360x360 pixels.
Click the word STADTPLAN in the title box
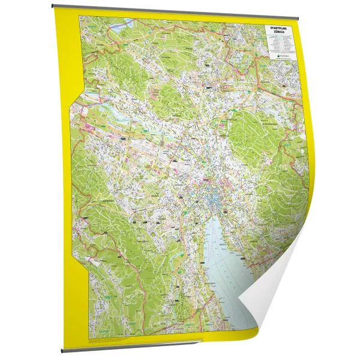(281, 26)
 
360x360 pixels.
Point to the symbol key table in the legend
(280, 44)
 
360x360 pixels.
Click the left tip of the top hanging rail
(52, 7)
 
